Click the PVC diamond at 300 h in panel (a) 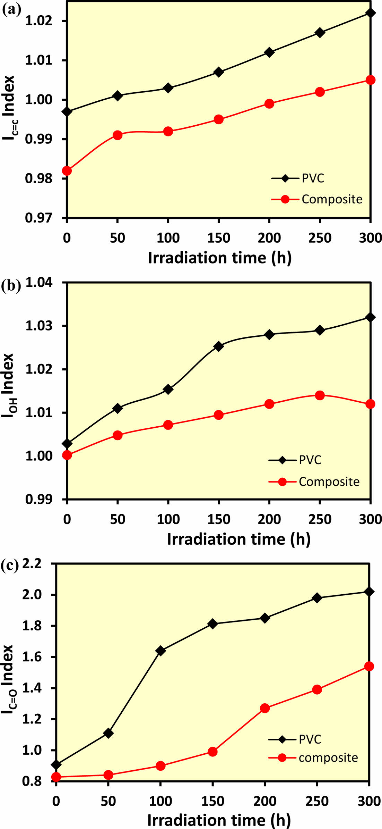[x=371, y=13]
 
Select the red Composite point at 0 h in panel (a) [x=67, y=171]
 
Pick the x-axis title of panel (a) [x=219, y=258]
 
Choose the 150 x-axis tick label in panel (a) [x=219, y=238]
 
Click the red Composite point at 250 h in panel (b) [x=320, y=395]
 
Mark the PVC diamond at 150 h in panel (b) [x=219, y=346]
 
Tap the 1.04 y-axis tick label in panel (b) [x=39, y=283]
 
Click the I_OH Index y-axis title [x=8, y=385]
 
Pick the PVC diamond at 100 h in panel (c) [x=160, y=651]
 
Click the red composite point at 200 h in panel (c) [x=265, y=708]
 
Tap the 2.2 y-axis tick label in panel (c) [x=32, y=564]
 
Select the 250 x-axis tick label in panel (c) [x=317, y=801]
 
